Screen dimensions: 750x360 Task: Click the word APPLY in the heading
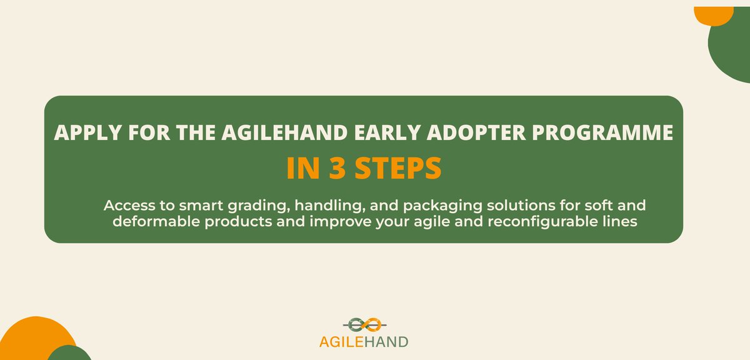pyautogui.click(x=87, y=132)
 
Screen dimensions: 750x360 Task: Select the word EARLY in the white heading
pyautogui.click(x=387, y=132)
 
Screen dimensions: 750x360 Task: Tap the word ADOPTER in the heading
pyautogui.click(x=476, y=132)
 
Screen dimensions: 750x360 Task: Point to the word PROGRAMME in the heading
pyautogui.click(x=602, y=132)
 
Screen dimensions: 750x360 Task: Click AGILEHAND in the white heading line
pyautogui.click(x=284, y=132)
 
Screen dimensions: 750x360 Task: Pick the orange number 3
pyautogui.click(x=337, y=168)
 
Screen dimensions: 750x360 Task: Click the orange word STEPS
pyautogui.click(x=399, y=168)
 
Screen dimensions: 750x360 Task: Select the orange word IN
pyautogui.click(x=303, y=168)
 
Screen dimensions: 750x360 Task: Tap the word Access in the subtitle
pyautogui.click(x=129, y=205)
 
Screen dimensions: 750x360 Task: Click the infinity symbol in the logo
pyautogui.click(x=364, y=324)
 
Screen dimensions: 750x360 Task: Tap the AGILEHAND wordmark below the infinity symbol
pyautogui.click(x=364, y=342)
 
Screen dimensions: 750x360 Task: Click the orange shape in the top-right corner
pyautogui.click(x=714, y=15)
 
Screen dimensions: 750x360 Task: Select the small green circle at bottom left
pyautogui.click(x=69, y=353)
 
